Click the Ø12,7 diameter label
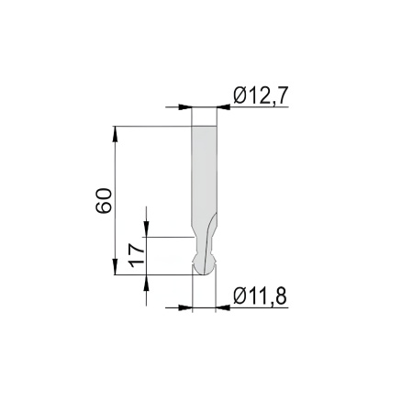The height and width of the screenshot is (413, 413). pyautogui.click(x=261, y=95)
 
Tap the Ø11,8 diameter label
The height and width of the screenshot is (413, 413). pyautogui.click(x=261, y=296)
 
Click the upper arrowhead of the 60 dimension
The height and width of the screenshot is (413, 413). pyautogui.click(x=115, y=133)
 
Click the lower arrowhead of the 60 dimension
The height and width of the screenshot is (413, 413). pyautogui.click(x=115, y=266)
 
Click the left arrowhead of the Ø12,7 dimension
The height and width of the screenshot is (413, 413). pyautogui.click(x=184, y=107)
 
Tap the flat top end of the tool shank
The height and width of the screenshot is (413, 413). pyautogui.click(x=205, y=126)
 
